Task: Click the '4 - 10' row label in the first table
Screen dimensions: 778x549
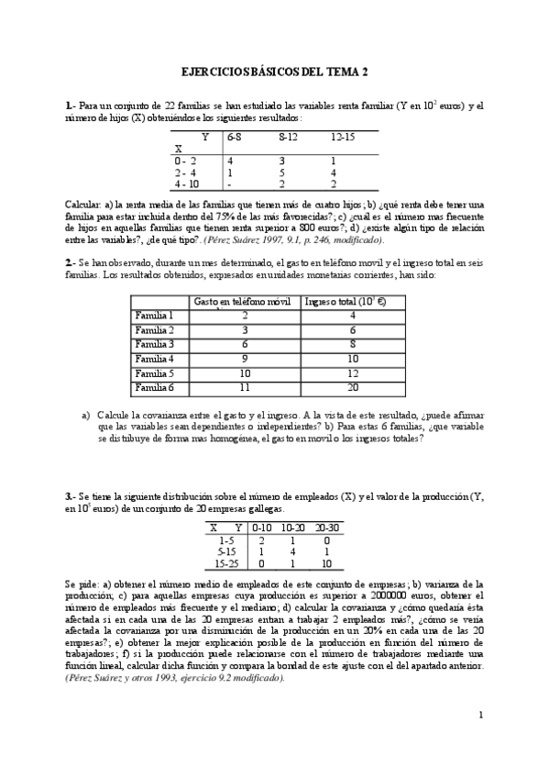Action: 185,183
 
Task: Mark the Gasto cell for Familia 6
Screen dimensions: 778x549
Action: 245,388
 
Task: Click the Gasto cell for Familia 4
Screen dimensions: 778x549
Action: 245,359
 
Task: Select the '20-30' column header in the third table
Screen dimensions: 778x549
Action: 327,528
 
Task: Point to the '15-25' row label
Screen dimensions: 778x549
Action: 225,563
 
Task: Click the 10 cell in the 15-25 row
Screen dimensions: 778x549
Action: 327,563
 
